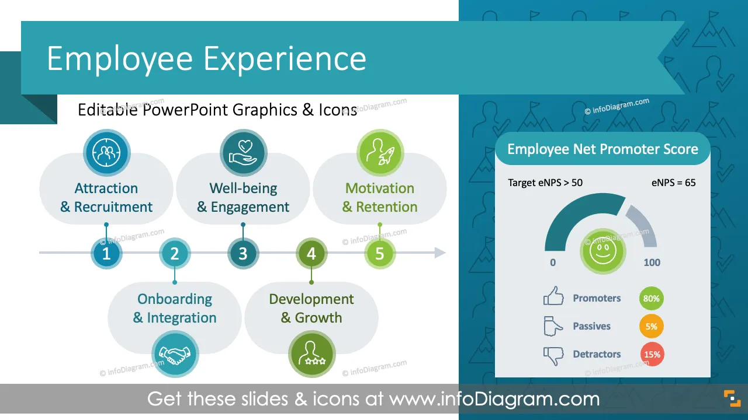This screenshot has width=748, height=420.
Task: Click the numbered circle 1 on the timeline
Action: tap(106, 253)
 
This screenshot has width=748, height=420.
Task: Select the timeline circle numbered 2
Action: tap(175, 253)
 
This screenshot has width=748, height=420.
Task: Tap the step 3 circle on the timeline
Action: tap(243, 253)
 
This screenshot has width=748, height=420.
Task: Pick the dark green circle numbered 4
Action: tap(311, 253)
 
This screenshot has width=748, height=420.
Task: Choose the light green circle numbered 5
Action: tap(380, 253)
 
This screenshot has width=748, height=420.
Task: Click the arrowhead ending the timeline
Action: tap(440, 253)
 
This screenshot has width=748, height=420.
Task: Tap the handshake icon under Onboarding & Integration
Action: tap(175, 354)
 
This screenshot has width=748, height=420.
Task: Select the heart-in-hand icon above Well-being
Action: tap(244, 153)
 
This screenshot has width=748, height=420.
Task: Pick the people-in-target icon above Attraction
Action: tap(107, 153)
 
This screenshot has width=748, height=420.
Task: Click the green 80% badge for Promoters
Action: tap(652, 298)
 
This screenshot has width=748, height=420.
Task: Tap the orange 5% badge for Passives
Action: tap(652, 326)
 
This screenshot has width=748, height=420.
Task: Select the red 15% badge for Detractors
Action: tap(652, 354)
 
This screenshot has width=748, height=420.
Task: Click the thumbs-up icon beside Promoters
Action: tap(553, 296)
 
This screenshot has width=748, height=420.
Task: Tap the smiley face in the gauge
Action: tap(602, 251)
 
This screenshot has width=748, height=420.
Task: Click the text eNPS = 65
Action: tap(673, 183)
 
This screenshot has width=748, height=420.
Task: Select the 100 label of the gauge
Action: tap(652, 262)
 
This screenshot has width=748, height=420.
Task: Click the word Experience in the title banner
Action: tap(285, 59)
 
